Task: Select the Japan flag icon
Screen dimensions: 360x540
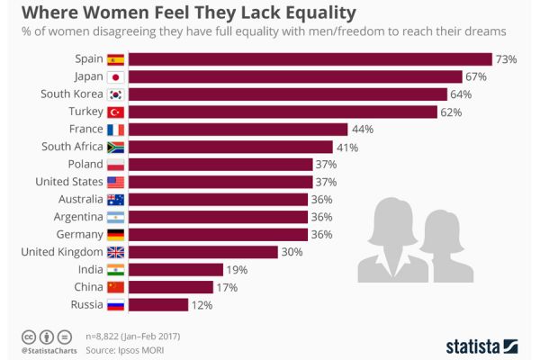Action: point(115,77)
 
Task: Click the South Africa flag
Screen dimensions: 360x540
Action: point(115,147)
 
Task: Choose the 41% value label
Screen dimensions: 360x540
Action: point(347,147)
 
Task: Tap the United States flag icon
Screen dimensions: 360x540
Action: point(115,182)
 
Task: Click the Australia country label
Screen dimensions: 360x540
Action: point(79,199)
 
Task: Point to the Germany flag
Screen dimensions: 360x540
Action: point(115,234)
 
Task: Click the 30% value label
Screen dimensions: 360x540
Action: point(292,252)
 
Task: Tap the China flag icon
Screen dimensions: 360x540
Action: point(115,286)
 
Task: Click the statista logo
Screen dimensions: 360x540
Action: point(482,345)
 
